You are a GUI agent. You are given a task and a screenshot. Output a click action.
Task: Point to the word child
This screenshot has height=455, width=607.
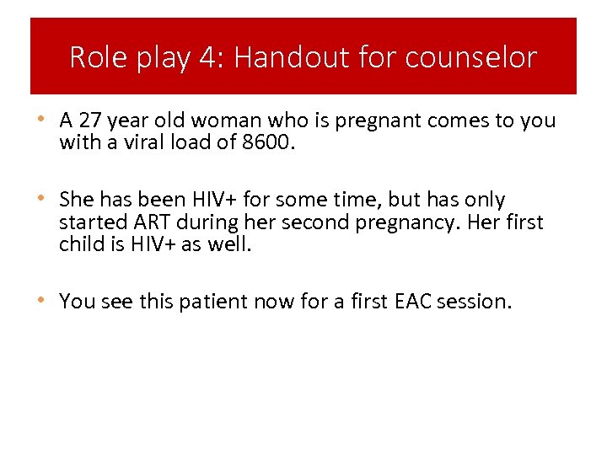(82, 244)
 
